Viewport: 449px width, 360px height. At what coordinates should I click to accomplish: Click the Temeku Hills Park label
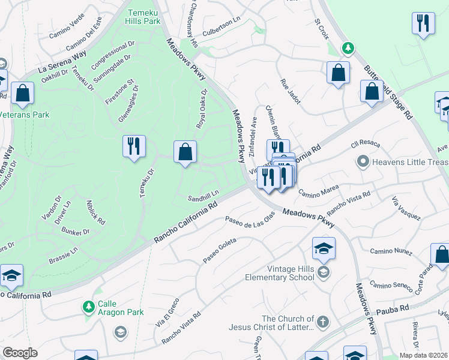coord(143,16)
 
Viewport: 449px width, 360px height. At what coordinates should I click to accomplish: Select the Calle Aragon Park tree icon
coord(89,307)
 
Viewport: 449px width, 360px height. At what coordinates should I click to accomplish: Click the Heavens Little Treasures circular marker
coord(362,161)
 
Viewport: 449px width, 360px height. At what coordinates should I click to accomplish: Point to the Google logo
coord(20,353)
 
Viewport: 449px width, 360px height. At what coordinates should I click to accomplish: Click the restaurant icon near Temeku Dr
coord(134,146)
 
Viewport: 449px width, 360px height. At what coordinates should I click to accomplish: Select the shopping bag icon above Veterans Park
coord(22,93)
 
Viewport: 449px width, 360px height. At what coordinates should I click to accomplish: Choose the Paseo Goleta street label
coord(220,250)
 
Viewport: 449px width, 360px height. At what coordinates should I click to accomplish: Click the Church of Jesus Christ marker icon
coord(323,321)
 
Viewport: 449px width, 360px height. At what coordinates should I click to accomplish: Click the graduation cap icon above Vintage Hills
coord(323,248)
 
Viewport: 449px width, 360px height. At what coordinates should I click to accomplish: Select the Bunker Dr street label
coord(78,232)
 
